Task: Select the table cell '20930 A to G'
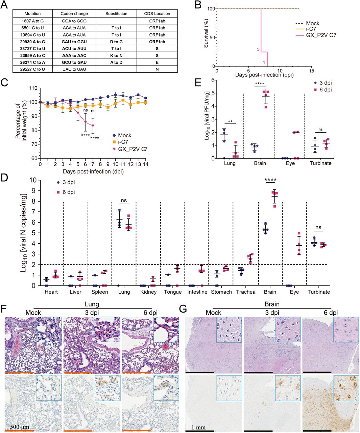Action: (x=33, y=42)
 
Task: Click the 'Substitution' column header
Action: (x=116, y=14)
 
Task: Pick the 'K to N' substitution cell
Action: (x=116, y=55)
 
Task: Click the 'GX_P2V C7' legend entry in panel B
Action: (x=321, y=35)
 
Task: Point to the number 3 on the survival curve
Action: (x=258, y=49)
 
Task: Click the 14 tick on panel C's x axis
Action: (x=145, y=164)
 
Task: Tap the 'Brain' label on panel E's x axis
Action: (x=260, y=163)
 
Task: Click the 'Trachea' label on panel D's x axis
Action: (x=246, y=292)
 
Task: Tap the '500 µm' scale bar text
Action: (x=20, y=425)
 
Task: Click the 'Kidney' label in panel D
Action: (x=148, y=292)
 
